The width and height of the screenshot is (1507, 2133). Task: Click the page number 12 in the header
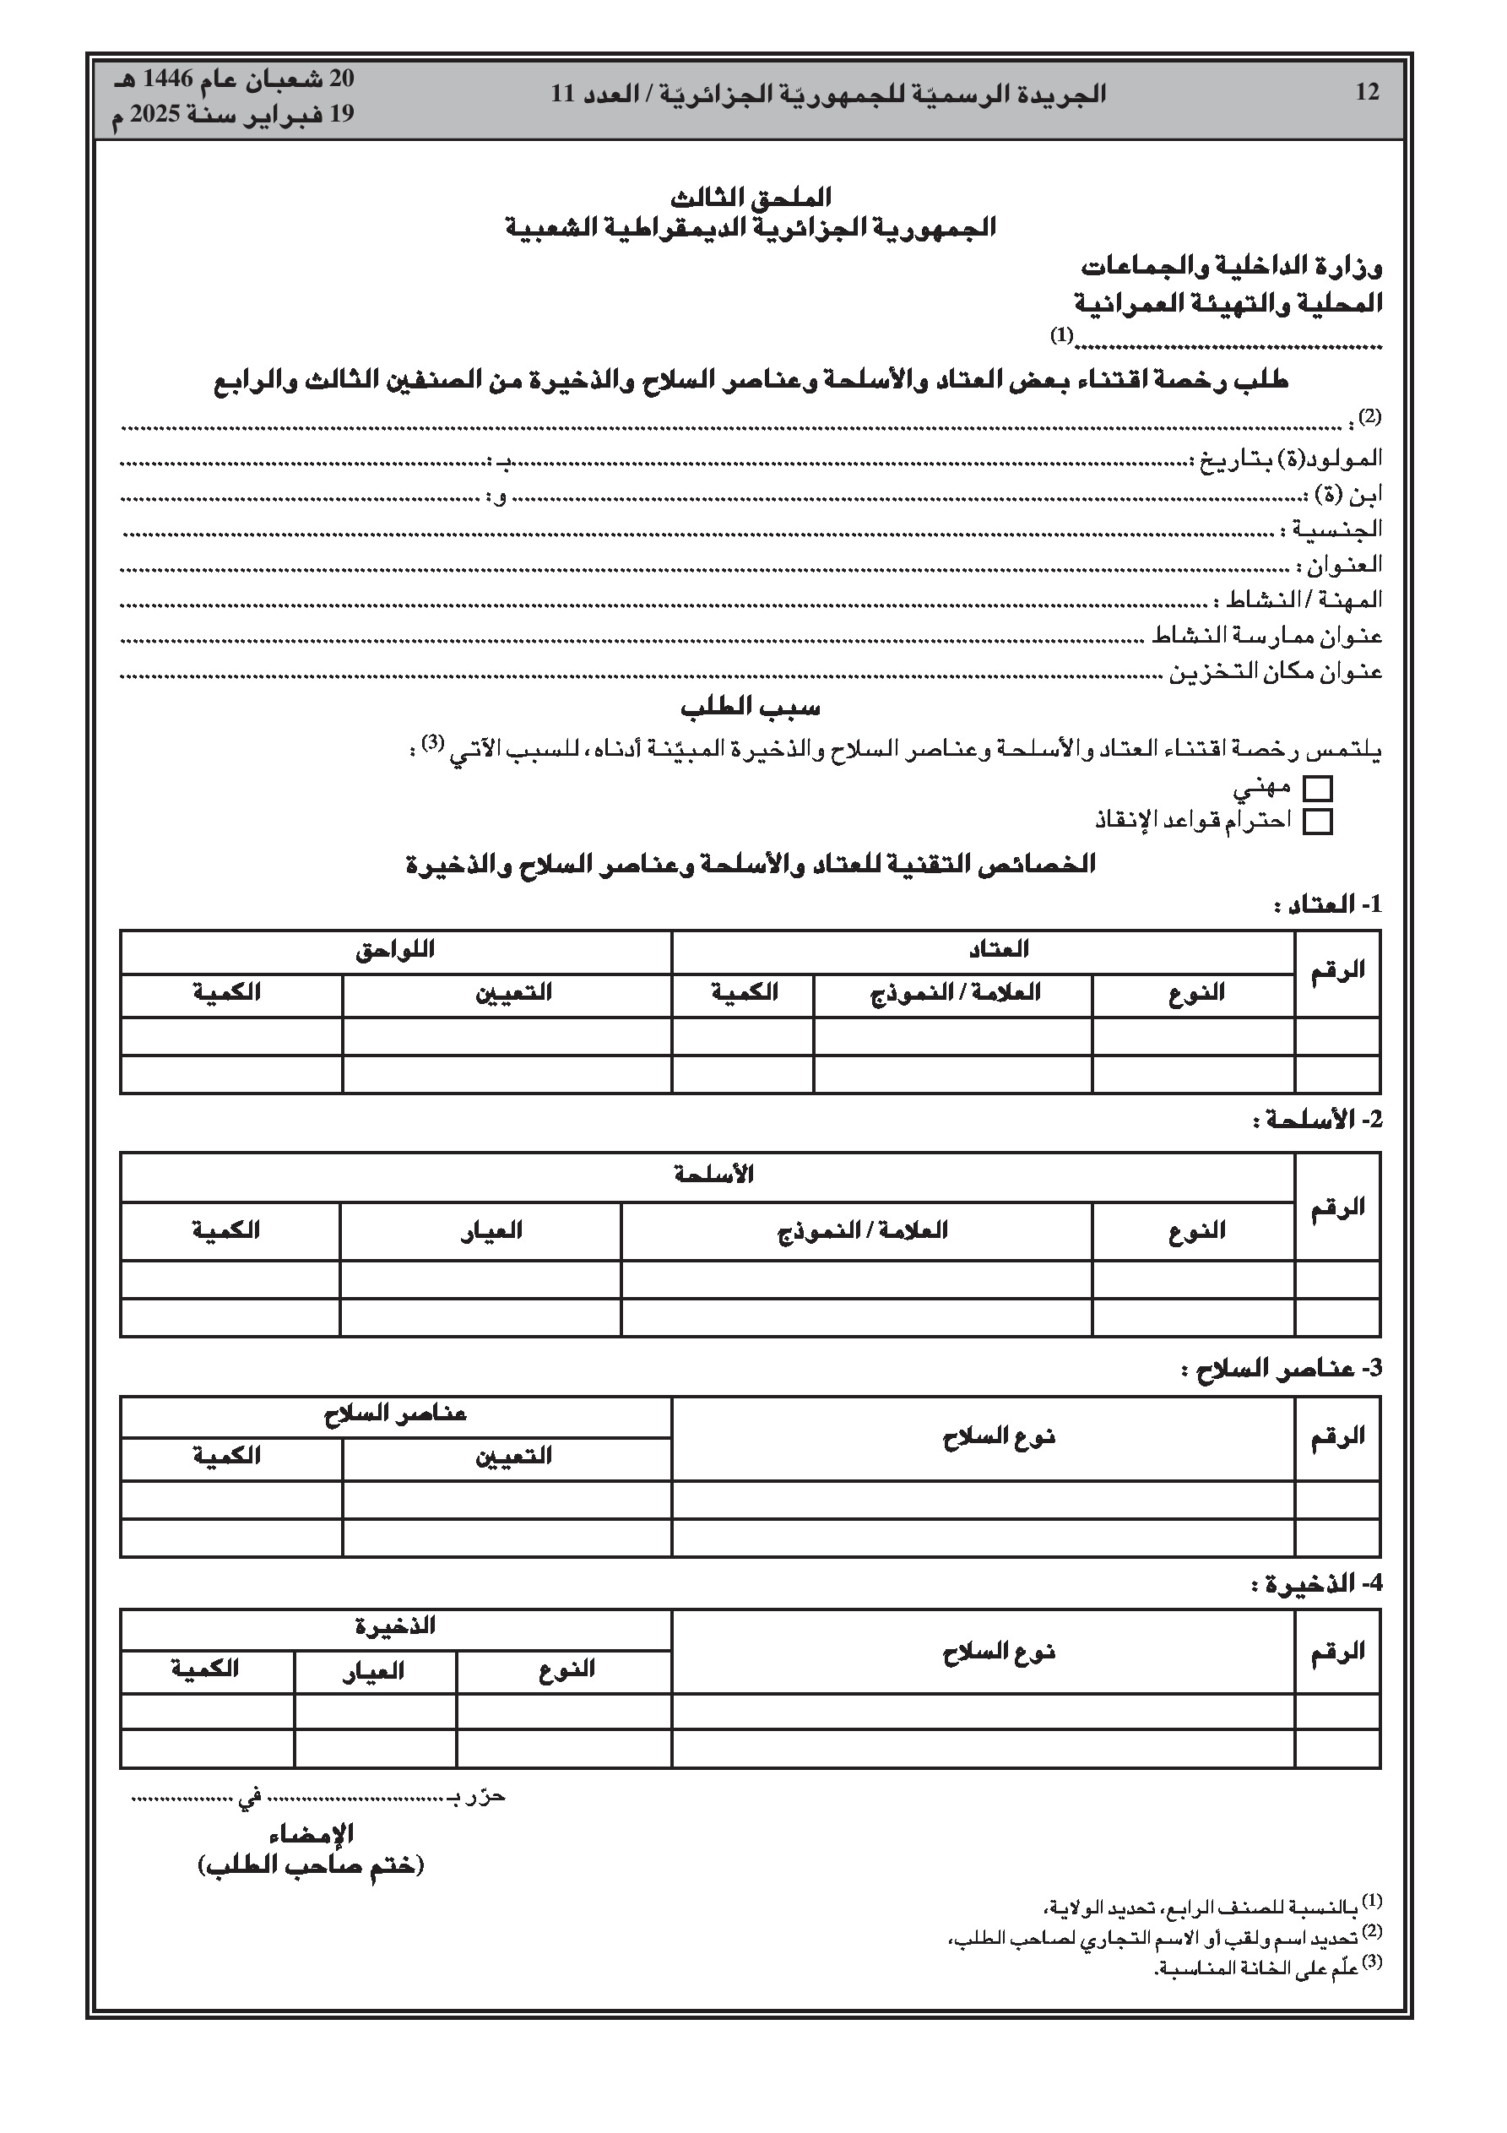(x=1367, y=93)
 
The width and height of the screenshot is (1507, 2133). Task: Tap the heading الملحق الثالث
(x=751, y=197)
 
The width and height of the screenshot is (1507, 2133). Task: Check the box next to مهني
(x=1317, y=789)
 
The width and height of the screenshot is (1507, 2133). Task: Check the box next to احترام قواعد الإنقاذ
(x=1317, y=822)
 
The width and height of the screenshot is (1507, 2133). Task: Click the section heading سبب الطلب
(x=750, y=708)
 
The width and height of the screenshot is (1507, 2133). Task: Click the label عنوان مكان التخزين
(x=1275, y=670)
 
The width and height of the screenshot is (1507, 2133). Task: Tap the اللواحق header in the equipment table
(x=395, y=950)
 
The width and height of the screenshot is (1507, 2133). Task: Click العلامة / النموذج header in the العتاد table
(x=954, y=992)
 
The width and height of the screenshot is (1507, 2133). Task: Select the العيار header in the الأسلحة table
(x=491, y=1231)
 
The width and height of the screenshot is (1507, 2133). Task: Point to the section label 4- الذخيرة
(x=1316, y=1583)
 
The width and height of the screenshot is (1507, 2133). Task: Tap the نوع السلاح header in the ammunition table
(x=998, y=1652)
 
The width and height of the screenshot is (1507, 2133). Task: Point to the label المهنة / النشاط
(x=1304, y=600)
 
